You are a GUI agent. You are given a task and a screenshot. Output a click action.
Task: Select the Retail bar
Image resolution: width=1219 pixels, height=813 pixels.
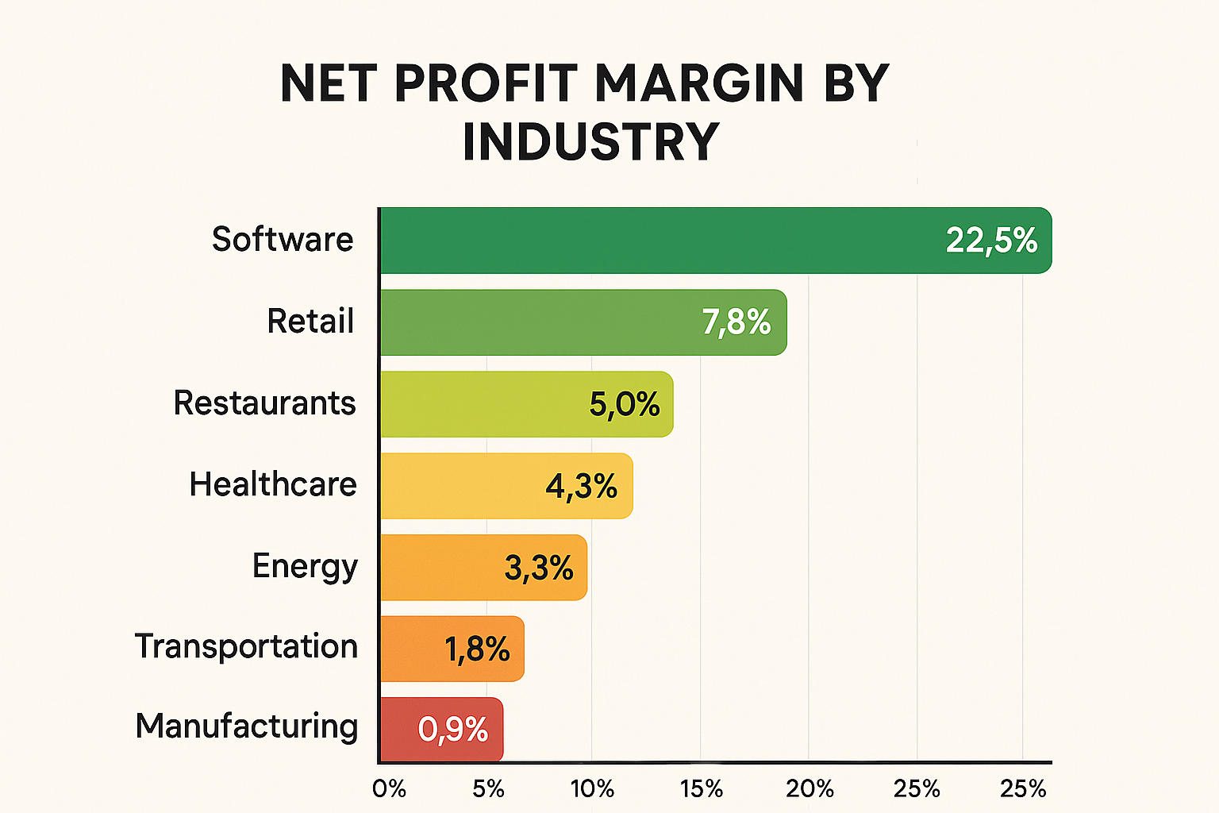pyautogui.click(x=540, y=322)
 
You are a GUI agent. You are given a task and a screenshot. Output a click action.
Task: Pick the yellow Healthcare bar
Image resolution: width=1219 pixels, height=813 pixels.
pyautogui.click(x=460, y=486)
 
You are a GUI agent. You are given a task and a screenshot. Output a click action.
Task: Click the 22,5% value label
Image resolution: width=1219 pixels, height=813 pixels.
pyautogui.click(x=991, y=241)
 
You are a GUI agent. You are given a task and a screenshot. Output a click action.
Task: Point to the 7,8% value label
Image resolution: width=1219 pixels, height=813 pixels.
pyautogui.click(x=736, y=322)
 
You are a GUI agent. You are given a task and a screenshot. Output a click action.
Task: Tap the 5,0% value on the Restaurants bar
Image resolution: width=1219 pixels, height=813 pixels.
pyautogui.click(x=625, y=405)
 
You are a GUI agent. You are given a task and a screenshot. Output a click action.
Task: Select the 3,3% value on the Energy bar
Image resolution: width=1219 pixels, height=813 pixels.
pyautogui.click(x=539, y=568)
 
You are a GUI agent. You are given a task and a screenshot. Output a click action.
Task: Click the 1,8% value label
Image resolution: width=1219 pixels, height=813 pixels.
pyautogui.click(x=477, y=649)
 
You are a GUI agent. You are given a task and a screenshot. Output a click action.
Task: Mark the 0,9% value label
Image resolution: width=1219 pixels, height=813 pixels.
pyautogui.click(x=453, y=730)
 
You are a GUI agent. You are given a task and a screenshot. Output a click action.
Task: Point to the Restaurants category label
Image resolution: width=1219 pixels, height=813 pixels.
pyautogui.click(x=264, y=403)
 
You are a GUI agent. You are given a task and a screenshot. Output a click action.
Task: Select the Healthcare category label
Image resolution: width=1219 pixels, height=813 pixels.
pyautogui.click(x=273, y=484)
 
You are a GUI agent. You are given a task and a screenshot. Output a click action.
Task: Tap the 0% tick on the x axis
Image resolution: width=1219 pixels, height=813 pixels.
pyautogui.click(x=389, y=788)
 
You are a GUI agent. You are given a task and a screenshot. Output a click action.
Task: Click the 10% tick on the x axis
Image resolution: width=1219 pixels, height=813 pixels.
pyautogui.click(x=592, y=788)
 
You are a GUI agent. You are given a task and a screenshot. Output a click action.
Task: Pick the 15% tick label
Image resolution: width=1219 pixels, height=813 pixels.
pyautogui.click(x=701, y=788)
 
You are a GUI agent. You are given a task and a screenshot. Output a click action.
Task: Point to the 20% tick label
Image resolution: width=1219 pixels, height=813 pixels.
pyautogui.click(x=809, y=788)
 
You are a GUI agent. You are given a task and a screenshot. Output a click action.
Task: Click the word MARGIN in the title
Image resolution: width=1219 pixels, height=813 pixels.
pyautogui.click(x=699, y=83)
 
